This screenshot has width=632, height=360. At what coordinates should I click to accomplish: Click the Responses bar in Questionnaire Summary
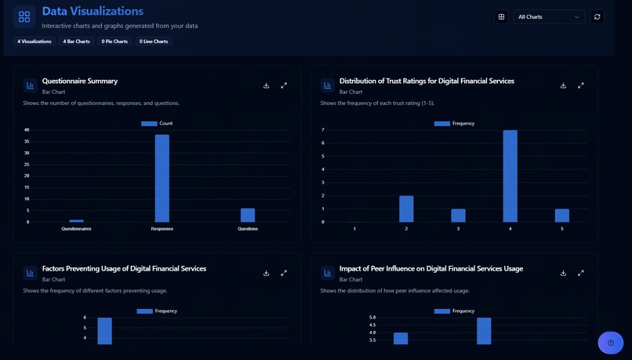click(162, 178)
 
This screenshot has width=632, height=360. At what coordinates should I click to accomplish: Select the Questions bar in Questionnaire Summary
click(247, 215)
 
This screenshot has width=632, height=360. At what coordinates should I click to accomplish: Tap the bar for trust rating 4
click(510, 176)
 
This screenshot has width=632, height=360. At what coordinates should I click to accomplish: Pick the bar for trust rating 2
click(406, 209)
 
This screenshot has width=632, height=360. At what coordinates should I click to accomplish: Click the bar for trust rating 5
click(561, 215)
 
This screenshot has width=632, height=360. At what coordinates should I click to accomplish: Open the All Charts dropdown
click(549, 16)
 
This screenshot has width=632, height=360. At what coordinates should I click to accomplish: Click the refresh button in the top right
click(597, 16)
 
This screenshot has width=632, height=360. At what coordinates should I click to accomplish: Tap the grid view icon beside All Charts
click(502, 16)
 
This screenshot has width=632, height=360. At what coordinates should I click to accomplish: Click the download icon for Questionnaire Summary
click(267, 85)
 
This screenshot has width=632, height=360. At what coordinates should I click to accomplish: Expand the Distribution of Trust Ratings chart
click(581, 85)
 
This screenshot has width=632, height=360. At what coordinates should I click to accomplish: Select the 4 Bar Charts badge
click(77, 42)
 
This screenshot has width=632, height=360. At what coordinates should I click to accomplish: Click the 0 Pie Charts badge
click(114, 42)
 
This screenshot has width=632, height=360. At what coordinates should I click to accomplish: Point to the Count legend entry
click(157, 123)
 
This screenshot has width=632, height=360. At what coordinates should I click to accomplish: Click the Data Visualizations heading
click(93, 12)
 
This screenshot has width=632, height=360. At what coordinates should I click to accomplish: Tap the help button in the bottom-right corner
click(610, 343)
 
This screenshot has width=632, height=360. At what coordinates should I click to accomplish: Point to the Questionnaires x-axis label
click(76, 229)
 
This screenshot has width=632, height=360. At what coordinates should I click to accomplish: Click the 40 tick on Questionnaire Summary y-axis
click(27, 130)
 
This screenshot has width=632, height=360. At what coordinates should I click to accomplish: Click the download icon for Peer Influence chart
click(563, 273)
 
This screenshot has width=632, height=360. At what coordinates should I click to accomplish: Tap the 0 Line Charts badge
click(154, 42)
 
